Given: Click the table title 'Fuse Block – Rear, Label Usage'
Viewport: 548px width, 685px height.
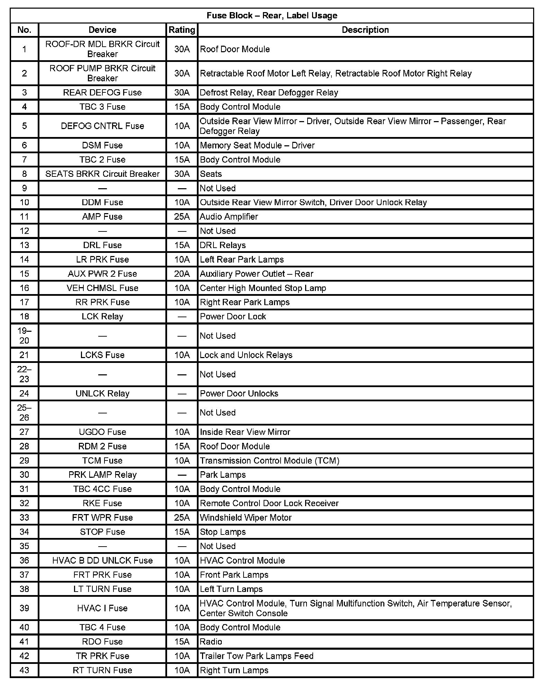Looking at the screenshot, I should pos(272,16).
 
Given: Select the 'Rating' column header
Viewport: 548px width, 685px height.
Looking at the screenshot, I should pos(182,30).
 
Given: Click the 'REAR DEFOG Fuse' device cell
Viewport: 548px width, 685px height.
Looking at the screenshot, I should pos(102,93).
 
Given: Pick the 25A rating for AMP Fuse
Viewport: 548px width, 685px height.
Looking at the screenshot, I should pos(182,217).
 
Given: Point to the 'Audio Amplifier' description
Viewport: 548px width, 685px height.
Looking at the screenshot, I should pos(229,217).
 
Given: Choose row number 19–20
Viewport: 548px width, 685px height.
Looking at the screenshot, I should pos(24,336).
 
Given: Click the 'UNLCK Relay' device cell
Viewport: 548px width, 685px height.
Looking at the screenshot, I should pos(102,394).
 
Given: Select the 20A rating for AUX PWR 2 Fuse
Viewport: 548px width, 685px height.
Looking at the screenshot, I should pos(182,274).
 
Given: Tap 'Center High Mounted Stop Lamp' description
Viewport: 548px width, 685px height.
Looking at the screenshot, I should pos(263,288).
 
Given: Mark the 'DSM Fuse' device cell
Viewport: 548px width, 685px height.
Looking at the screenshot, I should pos(102,146).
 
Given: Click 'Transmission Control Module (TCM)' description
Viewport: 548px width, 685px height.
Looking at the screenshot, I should pos(270,461).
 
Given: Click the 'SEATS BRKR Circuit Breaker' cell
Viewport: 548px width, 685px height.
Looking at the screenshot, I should pos(102,174).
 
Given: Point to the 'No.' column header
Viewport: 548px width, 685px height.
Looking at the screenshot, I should pos(24,30).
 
